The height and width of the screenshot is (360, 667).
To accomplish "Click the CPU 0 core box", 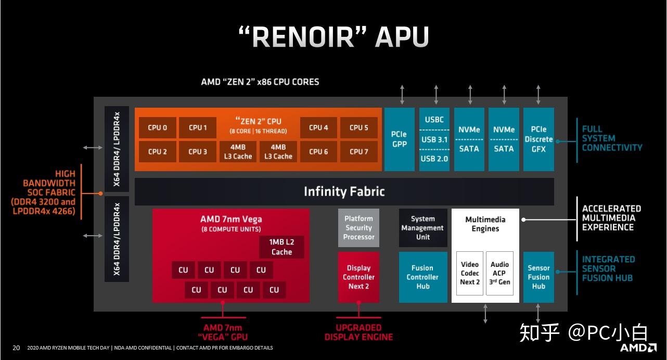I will [x=158, y=127].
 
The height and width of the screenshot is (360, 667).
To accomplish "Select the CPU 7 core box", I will [x=358, y=152].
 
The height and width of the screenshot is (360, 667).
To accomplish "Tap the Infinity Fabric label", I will [x=344, y=191].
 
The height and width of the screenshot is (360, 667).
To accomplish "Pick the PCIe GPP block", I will [x=399, y=139].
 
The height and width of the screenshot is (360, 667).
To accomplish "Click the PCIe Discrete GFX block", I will [x=538, y=139].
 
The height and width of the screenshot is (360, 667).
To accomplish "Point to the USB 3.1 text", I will [x=434, y=139].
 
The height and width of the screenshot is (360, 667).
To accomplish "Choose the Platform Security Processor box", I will [x=358, y=228].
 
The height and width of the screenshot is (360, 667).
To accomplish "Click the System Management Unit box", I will [x=423, y=228].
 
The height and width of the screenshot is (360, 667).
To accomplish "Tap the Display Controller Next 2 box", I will [x=358, y=277].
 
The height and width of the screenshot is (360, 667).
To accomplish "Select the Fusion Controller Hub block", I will [x=423, y=277].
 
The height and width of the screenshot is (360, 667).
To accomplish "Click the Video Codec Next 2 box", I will [x=469, y=273].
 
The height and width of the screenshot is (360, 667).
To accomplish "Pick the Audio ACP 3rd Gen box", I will [x=499, y=273].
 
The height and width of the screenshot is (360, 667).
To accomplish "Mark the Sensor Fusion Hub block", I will [x=538, y=277].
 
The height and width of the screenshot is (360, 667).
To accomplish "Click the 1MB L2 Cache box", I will [x=281, y=247].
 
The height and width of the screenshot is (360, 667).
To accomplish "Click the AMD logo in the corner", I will [x=638, y=347].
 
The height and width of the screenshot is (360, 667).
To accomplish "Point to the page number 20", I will [x=16, y=348].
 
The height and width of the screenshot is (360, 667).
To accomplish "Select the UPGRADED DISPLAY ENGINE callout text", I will [x=358, y=332].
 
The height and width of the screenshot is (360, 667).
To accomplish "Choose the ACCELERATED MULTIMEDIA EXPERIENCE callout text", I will [x=611, y=217].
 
